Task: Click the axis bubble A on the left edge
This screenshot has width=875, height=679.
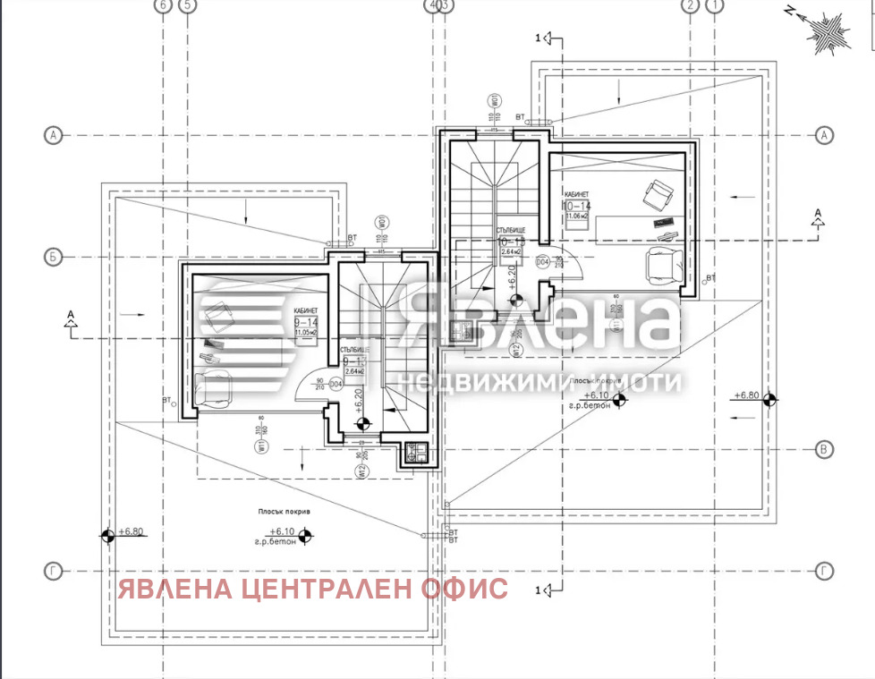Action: (54, 135)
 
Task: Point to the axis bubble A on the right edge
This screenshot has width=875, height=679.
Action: (824, 135)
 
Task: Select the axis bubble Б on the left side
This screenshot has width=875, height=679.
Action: (54, 258)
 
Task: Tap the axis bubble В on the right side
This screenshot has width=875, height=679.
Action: (824, 450)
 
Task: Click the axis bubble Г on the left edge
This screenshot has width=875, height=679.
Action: (54, 570)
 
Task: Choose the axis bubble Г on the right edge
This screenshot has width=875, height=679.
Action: (824, 570)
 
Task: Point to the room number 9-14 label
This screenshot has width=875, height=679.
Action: (305, 321)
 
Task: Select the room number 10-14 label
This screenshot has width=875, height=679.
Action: (577, 205)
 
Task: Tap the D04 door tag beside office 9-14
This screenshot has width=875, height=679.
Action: (336, 385)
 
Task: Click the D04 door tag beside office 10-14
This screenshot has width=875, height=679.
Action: (542, 262)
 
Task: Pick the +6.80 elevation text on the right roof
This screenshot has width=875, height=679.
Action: (746, 395)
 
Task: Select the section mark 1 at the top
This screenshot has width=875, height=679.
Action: (539, 38)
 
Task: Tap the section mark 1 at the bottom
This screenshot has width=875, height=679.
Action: (539, 590)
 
